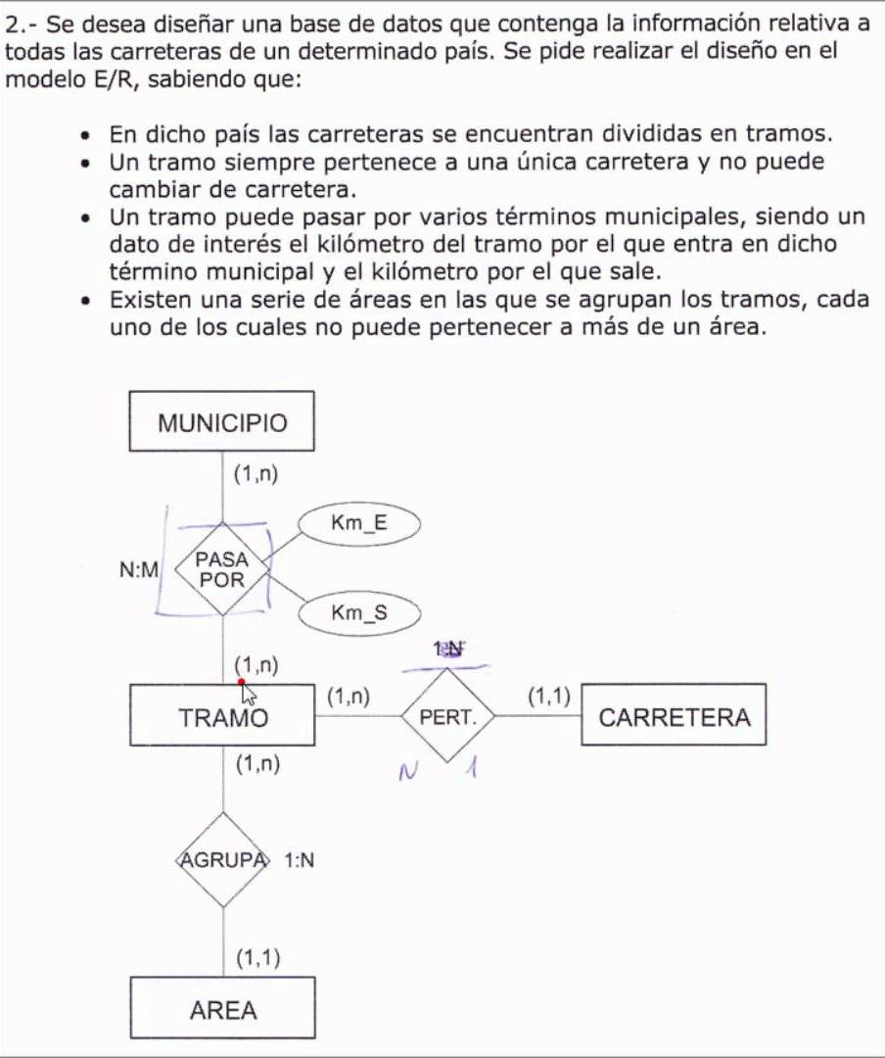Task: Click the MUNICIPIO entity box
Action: (x=222, y=422)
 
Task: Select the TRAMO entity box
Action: (x=222, y=716)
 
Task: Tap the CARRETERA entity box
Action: (x=674, y=716)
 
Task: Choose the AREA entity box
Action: (x=222, y=1009)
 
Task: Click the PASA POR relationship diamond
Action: (x=222, y=568)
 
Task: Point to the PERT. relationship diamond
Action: (x=447, y=716)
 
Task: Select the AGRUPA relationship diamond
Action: (x=222, y=860)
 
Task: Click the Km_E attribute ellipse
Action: (x=359, y=523)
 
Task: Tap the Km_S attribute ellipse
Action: (x=359, y=614)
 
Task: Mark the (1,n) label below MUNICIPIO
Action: (x=256, y=474)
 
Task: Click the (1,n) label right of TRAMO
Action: (x=349, y=697)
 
